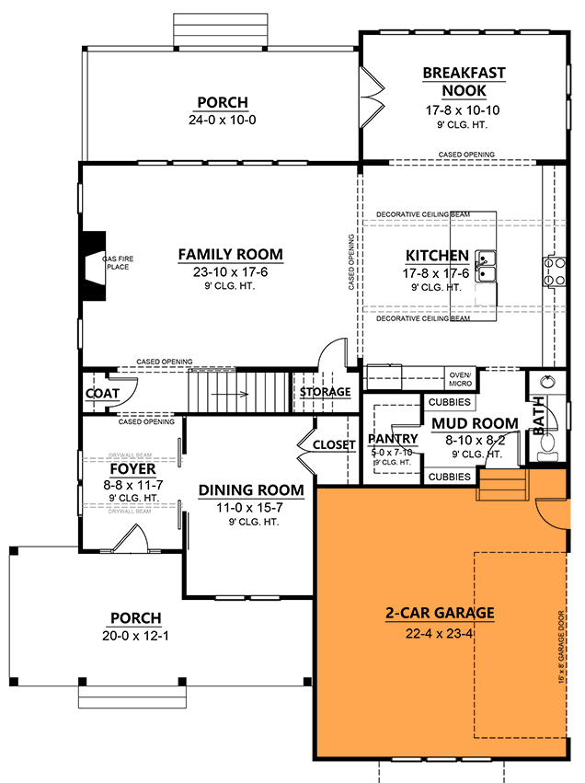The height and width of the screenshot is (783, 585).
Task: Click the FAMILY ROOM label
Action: tap(230, 255)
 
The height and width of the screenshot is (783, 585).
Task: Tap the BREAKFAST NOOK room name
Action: tap(464, 82)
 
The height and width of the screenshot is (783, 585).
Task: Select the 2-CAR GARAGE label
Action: tap(439, 613)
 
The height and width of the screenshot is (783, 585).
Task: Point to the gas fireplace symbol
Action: tap(93, 268)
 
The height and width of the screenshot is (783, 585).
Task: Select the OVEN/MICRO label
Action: tap(459, 379)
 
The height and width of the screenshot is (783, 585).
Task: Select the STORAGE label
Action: tap(326, 393)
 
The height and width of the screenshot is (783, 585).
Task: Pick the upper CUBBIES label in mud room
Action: tap(450, 403)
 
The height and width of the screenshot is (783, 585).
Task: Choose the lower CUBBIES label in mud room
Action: tap(450, 477)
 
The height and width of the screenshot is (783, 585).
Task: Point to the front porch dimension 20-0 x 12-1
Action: tap(135, 636)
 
